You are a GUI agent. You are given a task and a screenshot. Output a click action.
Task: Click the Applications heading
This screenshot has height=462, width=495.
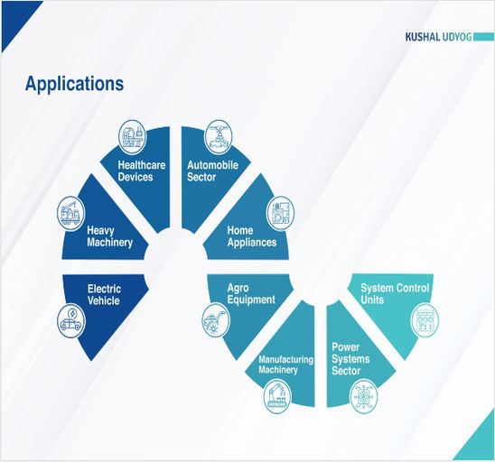click(x=74, y=85)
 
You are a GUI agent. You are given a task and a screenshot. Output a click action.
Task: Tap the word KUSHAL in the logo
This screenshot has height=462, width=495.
click(x=423, y=37)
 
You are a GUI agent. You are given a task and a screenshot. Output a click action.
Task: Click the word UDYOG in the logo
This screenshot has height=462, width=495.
click(x=457, y=37)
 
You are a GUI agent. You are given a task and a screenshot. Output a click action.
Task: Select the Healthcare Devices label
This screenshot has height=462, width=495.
click(x=142, y=171)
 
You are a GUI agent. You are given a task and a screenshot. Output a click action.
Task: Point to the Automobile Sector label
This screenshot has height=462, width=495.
click(x=212, y=171)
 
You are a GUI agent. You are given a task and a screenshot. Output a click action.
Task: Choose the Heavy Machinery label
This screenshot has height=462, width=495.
click(x=109, y=236)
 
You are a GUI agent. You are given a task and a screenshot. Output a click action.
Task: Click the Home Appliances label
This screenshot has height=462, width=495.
click(x=252, y=236)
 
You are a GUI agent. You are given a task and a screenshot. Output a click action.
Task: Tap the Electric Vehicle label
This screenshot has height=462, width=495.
click(x=104, y=294)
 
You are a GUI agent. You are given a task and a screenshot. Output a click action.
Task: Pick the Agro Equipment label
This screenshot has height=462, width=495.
click(x=251, y=294)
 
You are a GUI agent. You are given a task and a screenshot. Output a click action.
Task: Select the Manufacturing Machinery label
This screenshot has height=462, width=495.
click(x=285, y=365)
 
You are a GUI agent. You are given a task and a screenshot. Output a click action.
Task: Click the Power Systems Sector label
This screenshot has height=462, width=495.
click(x=350, y=359)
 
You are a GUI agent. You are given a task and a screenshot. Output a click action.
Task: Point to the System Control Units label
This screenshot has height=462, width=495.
click(x=395, y=293)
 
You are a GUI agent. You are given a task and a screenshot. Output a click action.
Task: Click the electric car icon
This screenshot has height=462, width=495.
click(x=71, y=321)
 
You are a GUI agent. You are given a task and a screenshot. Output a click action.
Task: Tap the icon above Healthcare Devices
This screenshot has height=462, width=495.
click(x=132, y=137)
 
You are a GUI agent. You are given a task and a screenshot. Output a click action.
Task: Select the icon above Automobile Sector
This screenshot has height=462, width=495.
click(x=218, y=137)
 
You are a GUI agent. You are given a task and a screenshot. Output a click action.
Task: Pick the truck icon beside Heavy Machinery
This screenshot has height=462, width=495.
click(x=71, y=213)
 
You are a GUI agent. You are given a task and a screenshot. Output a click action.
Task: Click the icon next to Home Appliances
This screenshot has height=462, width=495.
click(x=281, y=213)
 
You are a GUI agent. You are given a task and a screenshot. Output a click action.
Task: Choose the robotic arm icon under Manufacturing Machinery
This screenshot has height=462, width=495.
click(x=277, y=396)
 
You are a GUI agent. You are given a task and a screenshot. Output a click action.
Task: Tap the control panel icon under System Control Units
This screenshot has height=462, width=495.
click(x=425, y=320)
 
